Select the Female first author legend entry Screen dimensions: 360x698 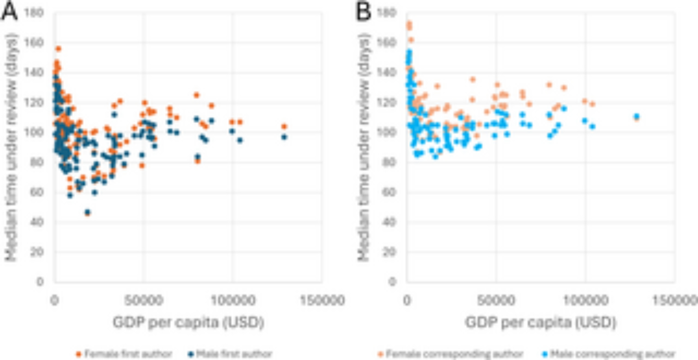click(x=124, y=354)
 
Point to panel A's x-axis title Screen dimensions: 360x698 click(x=188, y=322)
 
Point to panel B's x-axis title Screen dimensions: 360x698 click(x=541, y=322)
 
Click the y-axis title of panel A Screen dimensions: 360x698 click(x=11, y=147)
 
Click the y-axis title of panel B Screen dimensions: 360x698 click(x=364, y=147)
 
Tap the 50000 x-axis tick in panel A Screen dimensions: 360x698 click(x=143, y=300)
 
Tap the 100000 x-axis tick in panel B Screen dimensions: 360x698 click(x=585, y=300)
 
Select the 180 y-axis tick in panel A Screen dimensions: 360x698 click(x=34, y=13)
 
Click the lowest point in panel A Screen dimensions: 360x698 click(x=87, y=212)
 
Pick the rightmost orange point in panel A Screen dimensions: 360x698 click(x=284, y=126)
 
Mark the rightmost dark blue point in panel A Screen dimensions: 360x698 click(x=284, y=137)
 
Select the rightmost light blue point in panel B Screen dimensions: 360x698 click(x=637, y=116)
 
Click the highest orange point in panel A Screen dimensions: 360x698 click(x=58, y=49)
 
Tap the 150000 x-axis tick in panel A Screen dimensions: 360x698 click(x=322, y=300)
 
